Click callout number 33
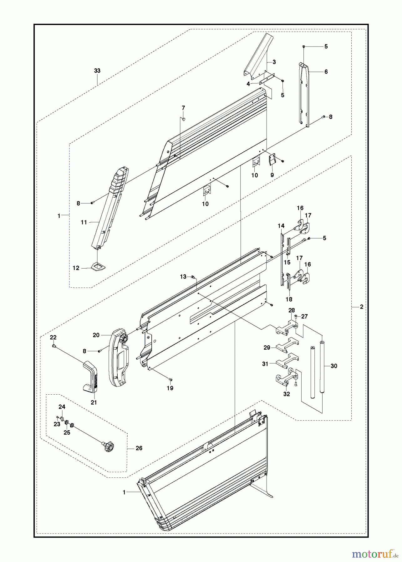click(97, 71)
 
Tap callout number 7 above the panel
click(183, 108)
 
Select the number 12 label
click(76, 268)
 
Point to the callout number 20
click(96, 335)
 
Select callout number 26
click(139, 448)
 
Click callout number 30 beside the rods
click(334, 366)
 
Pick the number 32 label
click(287, 394)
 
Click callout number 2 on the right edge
click(361, 307)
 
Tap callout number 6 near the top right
click(326, 72)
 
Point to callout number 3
click(274, 62)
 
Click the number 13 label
click(183, 277)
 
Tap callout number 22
click(53, 337)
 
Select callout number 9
click(272, 175)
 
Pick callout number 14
click(281, 225)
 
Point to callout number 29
click(267, 347)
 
